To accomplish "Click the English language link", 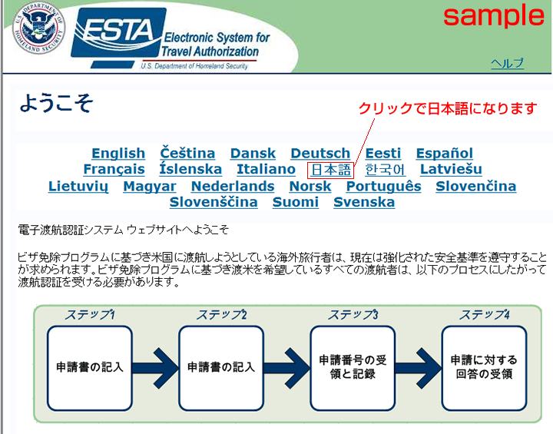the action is (118, 154).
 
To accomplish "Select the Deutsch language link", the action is (320, 154).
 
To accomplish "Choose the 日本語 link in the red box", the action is (331, 170).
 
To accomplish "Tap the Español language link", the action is (445, 154).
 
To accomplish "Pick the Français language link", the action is (114, 169).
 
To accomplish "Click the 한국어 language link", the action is (385, 170).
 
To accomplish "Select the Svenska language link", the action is (364, 202).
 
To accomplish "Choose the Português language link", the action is (384, 187).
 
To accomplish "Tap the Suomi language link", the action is (296, 202).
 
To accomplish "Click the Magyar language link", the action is (150, 187).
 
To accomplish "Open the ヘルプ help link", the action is (507, 64).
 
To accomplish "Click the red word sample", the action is (494, 15).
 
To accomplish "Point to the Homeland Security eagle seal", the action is (38, 28).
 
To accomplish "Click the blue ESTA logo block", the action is (118, 34).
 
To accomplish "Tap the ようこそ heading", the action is (56, 103).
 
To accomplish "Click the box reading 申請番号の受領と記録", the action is (353, 368).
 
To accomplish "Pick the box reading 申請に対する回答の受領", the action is (484, 368).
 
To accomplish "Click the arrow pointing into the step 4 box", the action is (419, 368).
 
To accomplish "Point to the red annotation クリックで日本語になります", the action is (448, 108).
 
